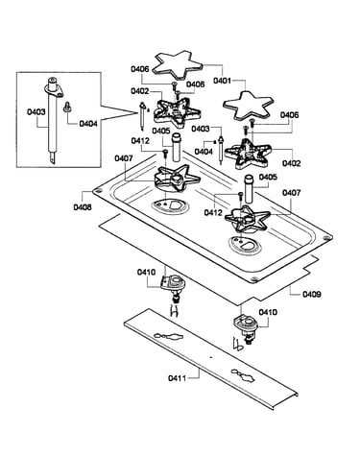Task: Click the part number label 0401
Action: pyautogui.click(x=222, y=81)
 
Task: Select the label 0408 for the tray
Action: pyautogui.click(x=83, y=207)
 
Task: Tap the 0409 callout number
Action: pyautogui.click(x=312, y=294)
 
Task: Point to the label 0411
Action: pyautogui.click(x=177, y=378)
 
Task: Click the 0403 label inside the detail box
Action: pyautogui.click(x=36, y=112)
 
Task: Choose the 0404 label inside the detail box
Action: pyautogui.click(x=88, y=123)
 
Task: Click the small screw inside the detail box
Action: pyautogui.click(x=67, y=107)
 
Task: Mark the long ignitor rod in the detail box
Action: pyautogui.click(x=53, y=122)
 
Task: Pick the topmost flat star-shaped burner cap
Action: pyautogui.click(x=178, y=65)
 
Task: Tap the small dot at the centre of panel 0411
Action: pyautogui.click(x=210, y=357)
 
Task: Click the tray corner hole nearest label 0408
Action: pyautogui.click(x=98, y=191)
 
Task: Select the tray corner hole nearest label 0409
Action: pyautogui.click(x=253, y=279)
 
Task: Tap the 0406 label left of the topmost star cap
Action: pyautogui.click(x=139, y=69)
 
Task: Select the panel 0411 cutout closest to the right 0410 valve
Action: pyautogui.click(x=244, y=375)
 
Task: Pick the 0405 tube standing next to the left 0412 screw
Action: pyautogui.click(x=177, y=148)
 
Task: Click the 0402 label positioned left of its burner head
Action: pyautogui.click(x=139, y=91)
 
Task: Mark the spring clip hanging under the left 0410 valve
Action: pyautogui.click(x=174, y=310)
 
